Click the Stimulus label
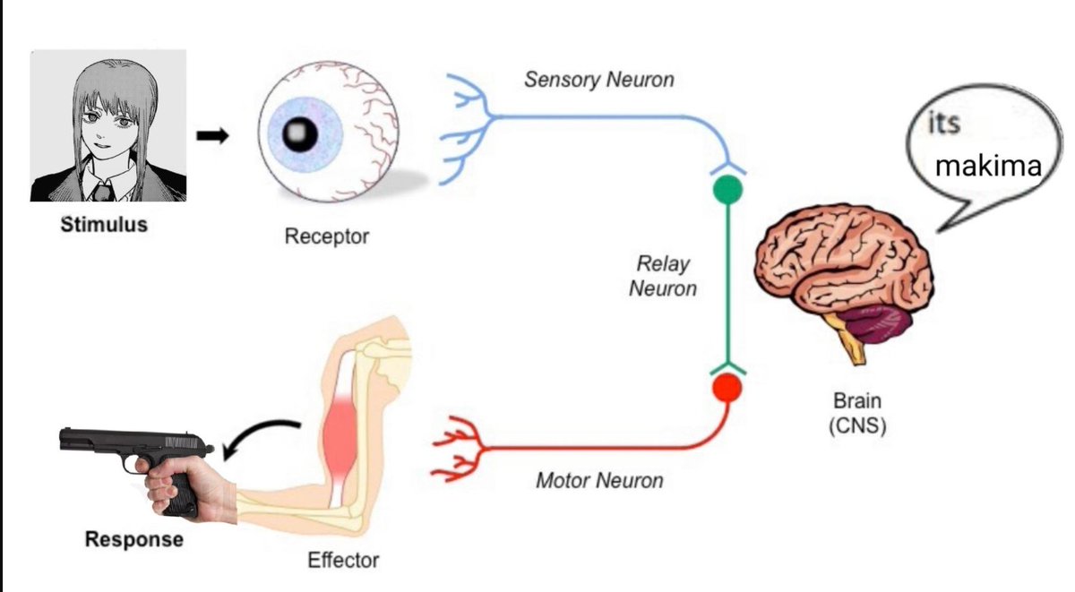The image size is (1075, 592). click(x=104, y=225)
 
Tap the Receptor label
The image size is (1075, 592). click(x=327, y=236)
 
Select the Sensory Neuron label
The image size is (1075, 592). click(x=599, y=80)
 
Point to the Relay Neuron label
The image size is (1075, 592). click(x=663, y=276)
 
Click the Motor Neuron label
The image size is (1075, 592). click(x=599, y=480)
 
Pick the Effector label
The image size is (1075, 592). click(x=343, y=560)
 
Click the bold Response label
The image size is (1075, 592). click(x=134, y=539)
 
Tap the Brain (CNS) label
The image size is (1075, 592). click(x=857, y=414)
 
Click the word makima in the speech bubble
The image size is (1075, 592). click(x=988, y=167)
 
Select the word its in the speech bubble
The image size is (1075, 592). click(x=943, y=123)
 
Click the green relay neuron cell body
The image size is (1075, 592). click(x=728, y=190)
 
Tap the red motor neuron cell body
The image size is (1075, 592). click(x=727, y=388)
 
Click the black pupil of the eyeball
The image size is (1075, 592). click(x=300, y=133)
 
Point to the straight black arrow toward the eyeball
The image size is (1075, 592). click(x=212, y=136)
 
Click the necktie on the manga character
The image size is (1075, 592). click(x=102, y=191)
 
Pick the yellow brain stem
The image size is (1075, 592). click(x=848, y=338)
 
